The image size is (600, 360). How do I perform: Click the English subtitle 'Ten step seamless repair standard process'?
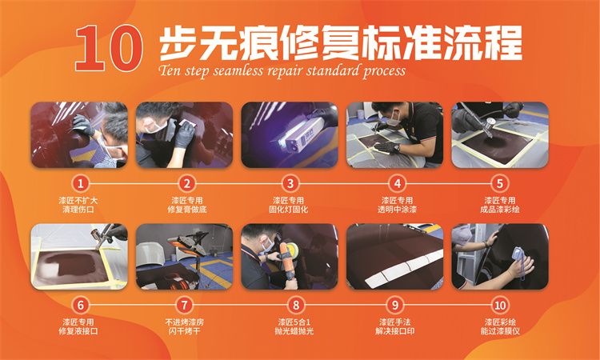282,70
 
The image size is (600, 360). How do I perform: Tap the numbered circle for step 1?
79,183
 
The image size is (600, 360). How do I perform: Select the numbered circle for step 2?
186,183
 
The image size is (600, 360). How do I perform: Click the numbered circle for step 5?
500,183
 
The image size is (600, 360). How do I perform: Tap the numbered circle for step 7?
186,305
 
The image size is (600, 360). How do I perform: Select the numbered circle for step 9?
395,305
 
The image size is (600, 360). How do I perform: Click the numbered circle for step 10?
500,305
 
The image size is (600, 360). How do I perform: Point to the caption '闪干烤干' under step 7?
185,330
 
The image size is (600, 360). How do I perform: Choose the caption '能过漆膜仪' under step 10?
500,330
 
